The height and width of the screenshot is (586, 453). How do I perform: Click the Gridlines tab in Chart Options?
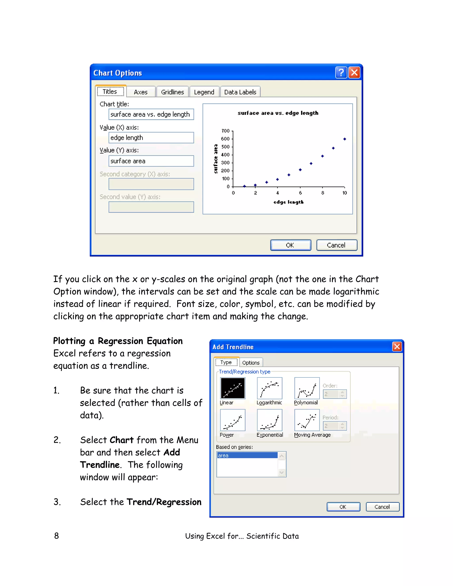(x=172, y=92)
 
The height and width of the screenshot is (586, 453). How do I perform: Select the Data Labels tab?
(x=240, y=92)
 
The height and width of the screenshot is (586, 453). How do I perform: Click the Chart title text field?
(x=151, y=114)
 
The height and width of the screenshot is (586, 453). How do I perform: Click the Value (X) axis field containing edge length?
(x=151, y=138)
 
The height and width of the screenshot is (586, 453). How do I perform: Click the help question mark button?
(x=341, y=73)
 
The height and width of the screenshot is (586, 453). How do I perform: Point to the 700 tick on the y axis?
(x=225, y=131)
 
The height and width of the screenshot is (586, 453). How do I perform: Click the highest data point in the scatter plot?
(x=345, y=139)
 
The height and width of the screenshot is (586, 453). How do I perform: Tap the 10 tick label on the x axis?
(x=345, y=193)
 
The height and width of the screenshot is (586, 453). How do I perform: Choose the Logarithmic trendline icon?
(x=269, y=388)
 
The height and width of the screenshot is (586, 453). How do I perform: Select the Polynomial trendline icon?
(x=307, y=388)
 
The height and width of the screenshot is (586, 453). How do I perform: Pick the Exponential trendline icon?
(x=269, y=420)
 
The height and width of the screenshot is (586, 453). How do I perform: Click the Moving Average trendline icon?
(x=307, y=420)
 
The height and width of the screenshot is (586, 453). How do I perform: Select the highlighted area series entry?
(x=247, y=455)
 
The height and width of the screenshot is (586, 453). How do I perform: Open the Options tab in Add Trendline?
(x=251, y=363)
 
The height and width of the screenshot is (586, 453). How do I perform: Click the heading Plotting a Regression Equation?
(x=118, y=341)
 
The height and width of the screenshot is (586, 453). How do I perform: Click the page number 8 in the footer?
(x=56, y=536)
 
